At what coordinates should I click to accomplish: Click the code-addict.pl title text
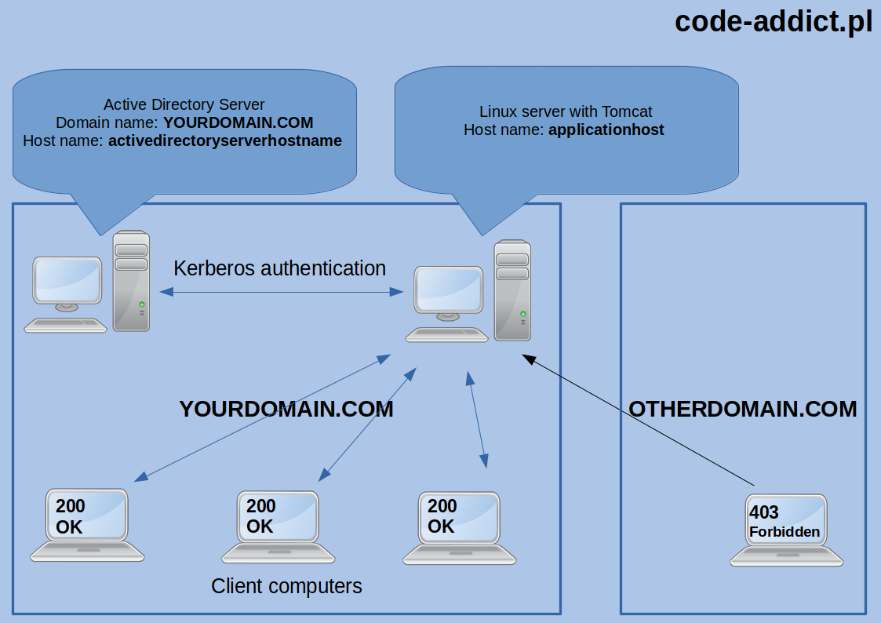773,21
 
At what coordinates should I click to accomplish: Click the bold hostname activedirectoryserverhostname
225,141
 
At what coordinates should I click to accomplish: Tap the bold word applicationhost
606,130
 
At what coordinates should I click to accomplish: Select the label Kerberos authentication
279,268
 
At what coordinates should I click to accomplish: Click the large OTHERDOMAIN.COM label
742,409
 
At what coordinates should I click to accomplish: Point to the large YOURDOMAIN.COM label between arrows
286,409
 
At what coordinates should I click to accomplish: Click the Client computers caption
286,586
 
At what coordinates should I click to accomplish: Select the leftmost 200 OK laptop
87,523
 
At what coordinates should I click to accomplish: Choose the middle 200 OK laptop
278,525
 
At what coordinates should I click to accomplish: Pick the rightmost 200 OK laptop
460,525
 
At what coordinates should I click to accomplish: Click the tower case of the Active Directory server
131,280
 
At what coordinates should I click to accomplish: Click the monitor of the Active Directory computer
67,281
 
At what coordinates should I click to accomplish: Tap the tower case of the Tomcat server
512,290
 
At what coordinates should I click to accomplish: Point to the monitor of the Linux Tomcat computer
448,290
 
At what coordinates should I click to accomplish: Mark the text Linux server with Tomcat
565,111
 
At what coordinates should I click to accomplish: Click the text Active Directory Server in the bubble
184,104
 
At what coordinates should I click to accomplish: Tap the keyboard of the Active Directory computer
65,325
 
